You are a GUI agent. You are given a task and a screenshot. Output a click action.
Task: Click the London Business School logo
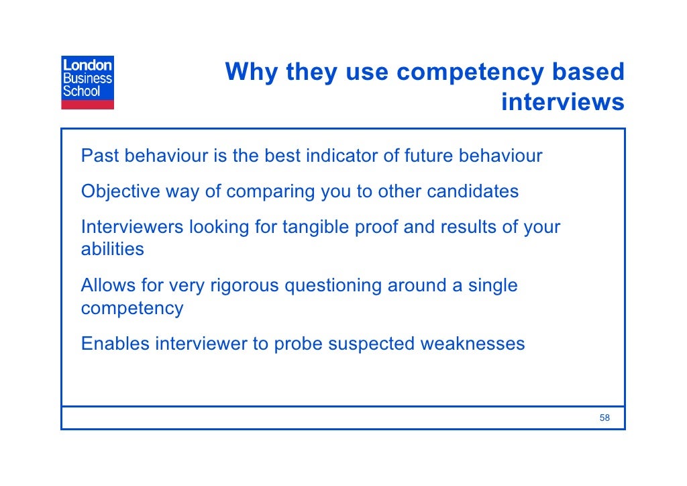[88, 83]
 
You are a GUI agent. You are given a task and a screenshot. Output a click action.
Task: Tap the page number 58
[604, 418]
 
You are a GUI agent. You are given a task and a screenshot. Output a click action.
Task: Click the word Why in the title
[251, 72]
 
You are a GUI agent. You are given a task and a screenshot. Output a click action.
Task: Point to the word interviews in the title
[562, 102]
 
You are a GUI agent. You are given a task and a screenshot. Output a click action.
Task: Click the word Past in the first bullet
[100, 156]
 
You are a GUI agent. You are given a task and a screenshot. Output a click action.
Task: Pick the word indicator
[341, 156]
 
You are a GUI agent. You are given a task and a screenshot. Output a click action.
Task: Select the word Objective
[121, 191]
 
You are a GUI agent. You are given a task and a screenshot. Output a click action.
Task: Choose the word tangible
[315, 227]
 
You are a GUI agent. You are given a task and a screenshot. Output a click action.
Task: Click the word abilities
[112, 249]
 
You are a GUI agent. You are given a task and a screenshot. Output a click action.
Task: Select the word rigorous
[245, 286]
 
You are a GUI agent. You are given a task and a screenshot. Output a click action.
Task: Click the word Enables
[115, 344]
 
